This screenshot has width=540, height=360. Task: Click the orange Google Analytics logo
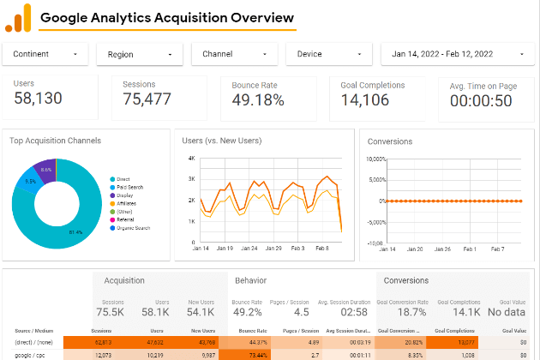click(18, 17)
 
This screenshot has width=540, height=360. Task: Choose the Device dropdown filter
click(327, 54)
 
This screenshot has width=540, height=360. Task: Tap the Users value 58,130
click(38, 99)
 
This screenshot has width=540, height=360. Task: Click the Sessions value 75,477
click(147, 99)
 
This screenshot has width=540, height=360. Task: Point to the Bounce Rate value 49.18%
click(258, 100)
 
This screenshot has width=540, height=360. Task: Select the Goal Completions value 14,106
click(364, 100)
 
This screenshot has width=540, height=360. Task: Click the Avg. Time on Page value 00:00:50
click(481, 101)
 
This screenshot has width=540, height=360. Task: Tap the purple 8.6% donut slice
click(46, 171)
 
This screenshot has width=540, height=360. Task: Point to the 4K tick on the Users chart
click(192, 159)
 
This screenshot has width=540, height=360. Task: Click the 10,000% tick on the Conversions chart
click(376, 159)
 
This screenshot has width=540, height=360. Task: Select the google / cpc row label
click(31, 353)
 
